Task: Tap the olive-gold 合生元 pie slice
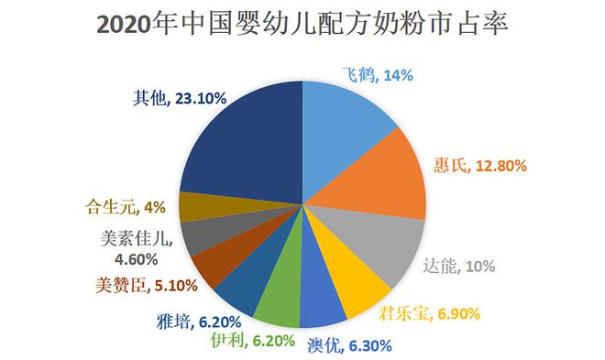[194, 207]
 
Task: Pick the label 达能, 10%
[458, 267]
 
